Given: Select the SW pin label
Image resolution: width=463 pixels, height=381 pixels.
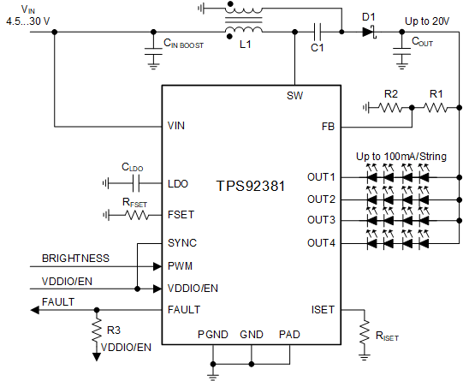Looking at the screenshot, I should tap(294, 96).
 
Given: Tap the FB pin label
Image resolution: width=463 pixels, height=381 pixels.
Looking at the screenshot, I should tap(327, 126).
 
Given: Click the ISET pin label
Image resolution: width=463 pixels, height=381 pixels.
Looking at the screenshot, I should tap(323, 310).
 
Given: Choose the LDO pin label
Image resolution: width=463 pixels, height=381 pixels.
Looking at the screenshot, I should tap(178, 183).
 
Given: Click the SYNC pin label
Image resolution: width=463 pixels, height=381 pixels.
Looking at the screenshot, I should tap(182, 243).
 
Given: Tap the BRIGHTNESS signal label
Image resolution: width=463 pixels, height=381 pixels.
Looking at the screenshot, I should tap(76, 258).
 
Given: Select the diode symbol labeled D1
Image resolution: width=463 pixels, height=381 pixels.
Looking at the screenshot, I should tap(369, 33).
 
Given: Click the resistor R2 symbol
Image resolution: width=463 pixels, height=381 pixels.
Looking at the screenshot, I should tap(390, 108).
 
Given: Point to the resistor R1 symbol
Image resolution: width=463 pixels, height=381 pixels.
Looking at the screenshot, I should tap(436, 108).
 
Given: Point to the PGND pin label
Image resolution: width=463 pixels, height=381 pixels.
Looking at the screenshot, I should tap(212, 334).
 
